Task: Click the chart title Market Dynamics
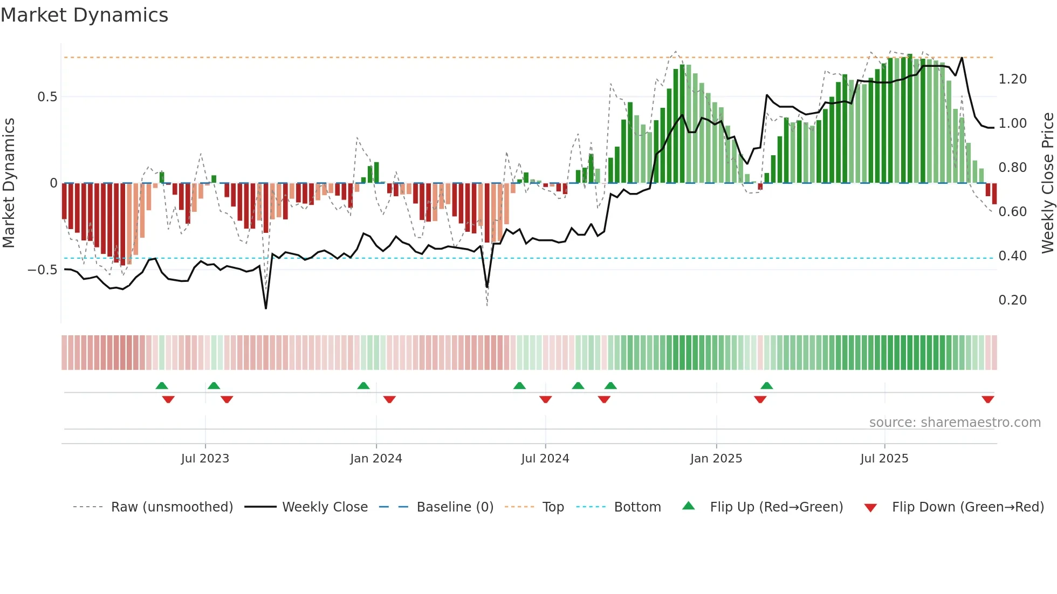point(84,15)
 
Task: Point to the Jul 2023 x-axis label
point(205,459)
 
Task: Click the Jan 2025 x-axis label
point(716,459)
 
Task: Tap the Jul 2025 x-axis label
point(884,459)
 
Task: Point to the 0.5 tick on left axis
point(47,97)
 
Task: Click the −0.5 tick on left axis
point(43,270)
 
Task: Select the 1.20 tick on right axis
point(1012,79)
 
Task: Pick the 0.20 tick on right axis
point(1012,300)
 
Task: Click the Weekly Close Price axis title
point(1047,183)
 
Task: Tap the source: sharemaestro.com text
point(955,423)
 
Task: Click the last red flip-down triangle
point(988,399)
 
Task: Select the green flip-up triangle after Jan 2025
point(767,385)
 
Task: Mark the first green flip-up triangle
point(162,385)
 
